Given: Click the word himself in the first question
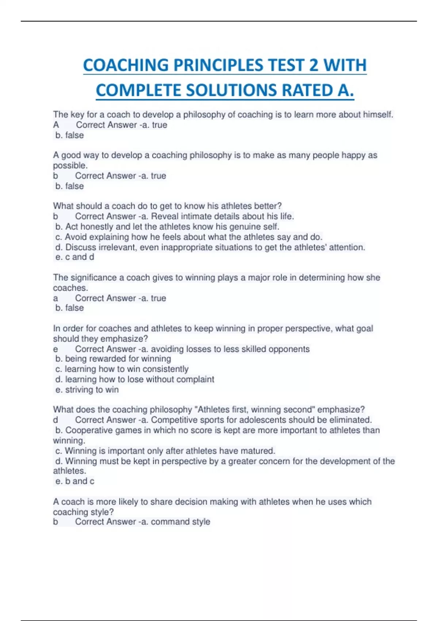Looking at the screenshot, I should (x=378, y=115).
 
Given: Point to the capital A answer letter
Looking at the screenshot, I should (x=56, y=125).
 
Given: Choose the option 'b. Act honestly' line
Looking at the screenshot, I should (x=167, y=227).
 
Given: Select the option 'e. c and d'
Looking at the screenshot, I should (x=74, y=257).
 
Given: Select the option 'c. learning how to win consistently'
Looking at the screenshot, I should (x=122, y=369).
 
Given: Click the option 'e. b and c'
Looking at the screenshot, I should (x=74, y=481).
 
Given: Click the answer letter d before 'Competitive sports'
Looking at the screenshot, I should (x=55, y=420).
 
